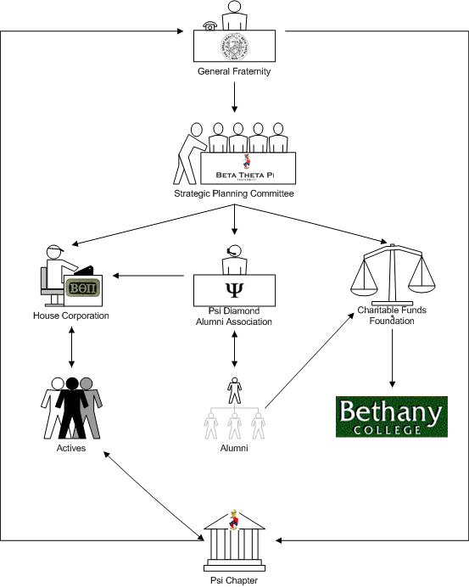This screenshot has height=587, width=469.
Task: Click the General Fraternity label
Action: pyautogui.click(x=233, y=72)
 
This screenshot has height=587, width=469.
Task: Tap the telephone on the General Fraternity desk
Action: pyautogui.click(x=210, y=25)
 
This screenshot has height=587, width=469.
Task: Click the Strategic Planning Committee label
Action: pyautogui.click(x=233, y=194)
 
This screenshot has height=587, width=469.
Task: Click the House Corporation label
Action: pyautogui.click(x=71, y=316)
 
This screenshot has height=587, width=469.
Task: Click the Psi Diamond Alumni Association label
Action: pyautogui.click(x=233, y=316)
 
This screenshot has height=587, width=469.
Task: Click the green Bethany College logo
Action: pyautogui.click(x=390, y=416)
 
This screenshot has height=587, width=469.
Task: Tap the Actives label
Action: pyautogui.click(x=70, y=447)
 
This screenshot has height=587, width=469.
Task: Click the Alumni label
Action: pyautogui.click(x=233, y=447)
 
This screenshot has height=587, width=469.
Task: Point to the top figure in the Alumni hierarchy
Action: pyautogui.click(x=233, y=390)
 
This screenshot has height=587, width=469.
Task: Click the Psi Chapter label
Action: pyautogui.click(x=233, y=580)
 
